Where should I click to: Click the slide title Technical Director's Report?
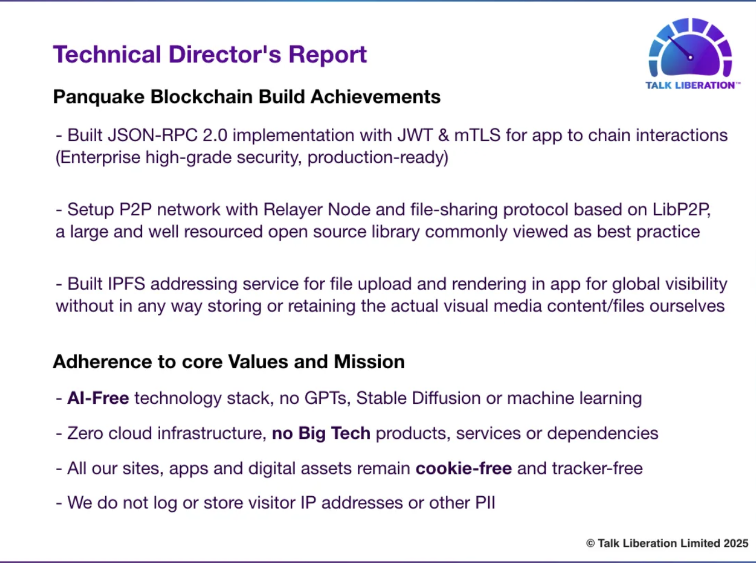click(210, 55)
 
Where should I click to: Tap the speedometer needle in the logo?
click(680, 47)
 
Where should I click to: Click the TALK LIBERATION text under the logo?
click(690, 85)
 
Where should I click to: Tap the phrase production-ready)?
click(377, 157)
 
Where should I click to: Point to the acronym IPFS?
click(126, 284)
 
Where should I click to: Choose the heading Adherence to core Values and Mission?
click(228, 362)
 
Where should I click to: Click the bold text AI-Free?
click(98, 398)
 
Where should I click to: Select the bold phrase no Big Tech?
click(321, 433)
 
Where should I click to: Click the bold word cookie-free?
click(464, 468)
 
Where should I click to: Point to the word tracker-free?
click(597, 468)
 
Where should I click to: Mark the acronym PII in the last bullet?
click(485, 503)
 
